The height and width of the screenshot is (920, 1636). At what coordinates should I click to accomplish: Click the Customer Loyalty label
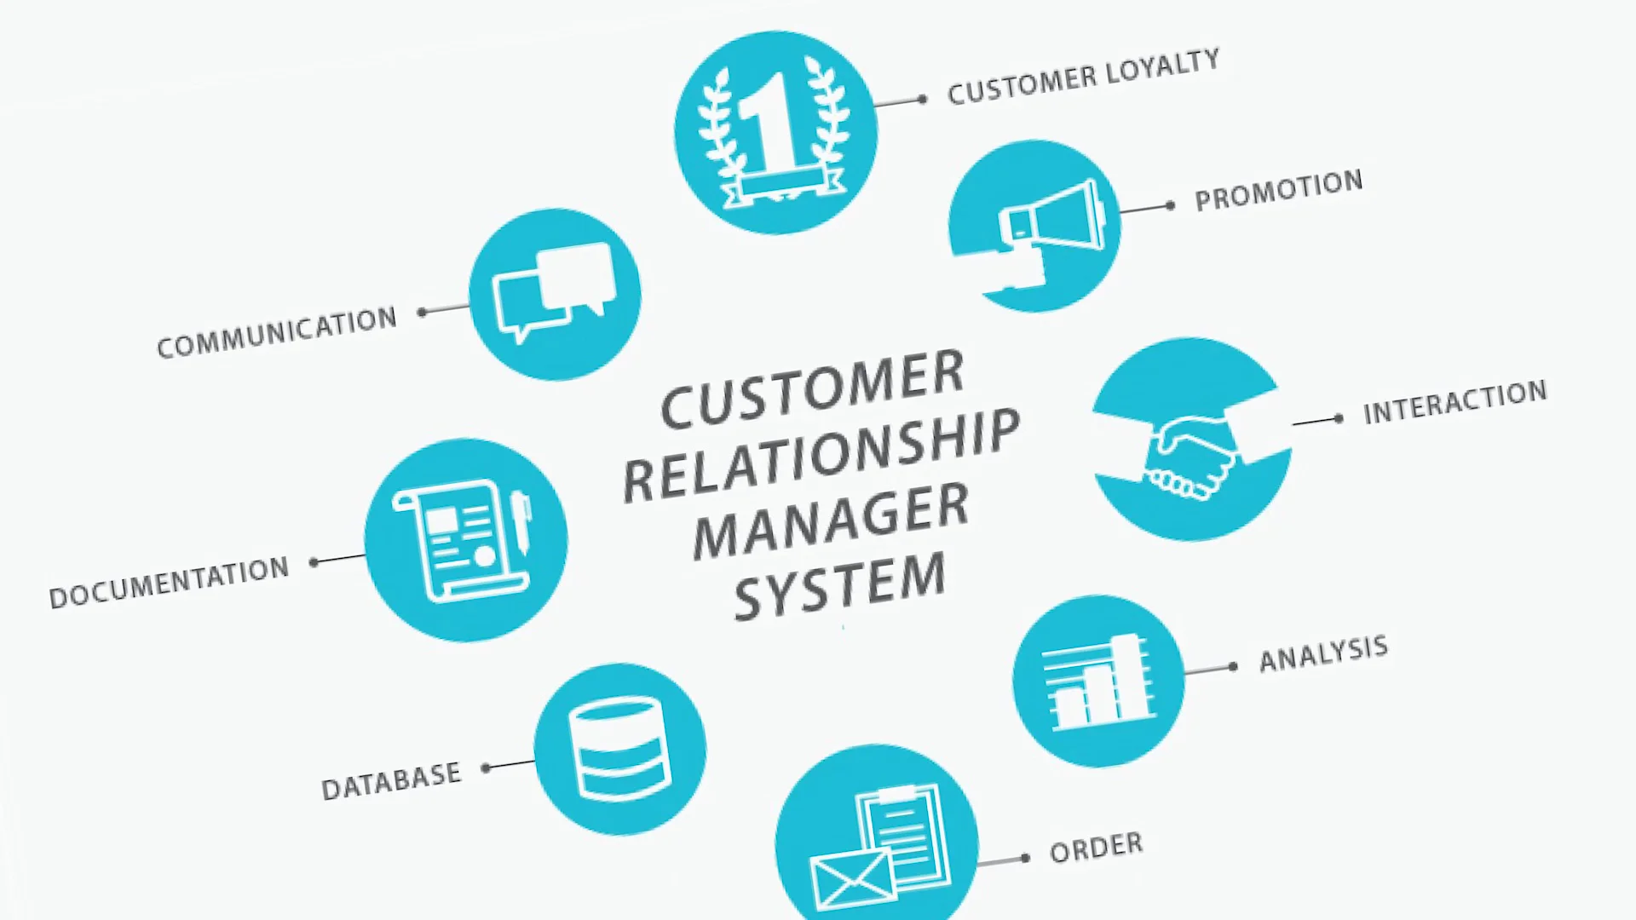coord(1083,77)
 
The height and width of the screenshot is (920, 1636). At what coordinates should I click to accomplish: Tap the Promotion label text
coord(1278,191)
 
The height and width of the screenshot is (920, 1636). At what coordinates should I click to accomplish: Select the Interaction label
coord(1455,402)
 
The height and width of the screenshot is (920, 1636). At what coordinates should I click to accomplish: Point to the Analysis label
coord(1323,653)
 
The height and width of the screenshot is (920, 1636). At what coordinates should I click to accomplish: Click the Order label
coord(1096,848)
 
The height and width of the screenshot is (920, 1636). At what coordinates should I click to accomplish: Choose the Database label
coord(391,780)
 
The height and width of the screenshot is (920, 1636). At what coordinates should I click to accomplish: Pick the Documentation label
coord(169,583)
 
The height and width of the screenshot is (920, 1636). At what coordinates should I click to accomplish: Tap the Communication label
coord(277,332)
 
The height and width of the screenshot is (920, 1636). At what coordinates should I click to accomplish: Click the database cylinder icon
coord(619,750)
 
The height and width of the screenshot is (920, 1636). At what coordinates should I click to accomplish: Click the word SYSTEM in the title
coord(840,587)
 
